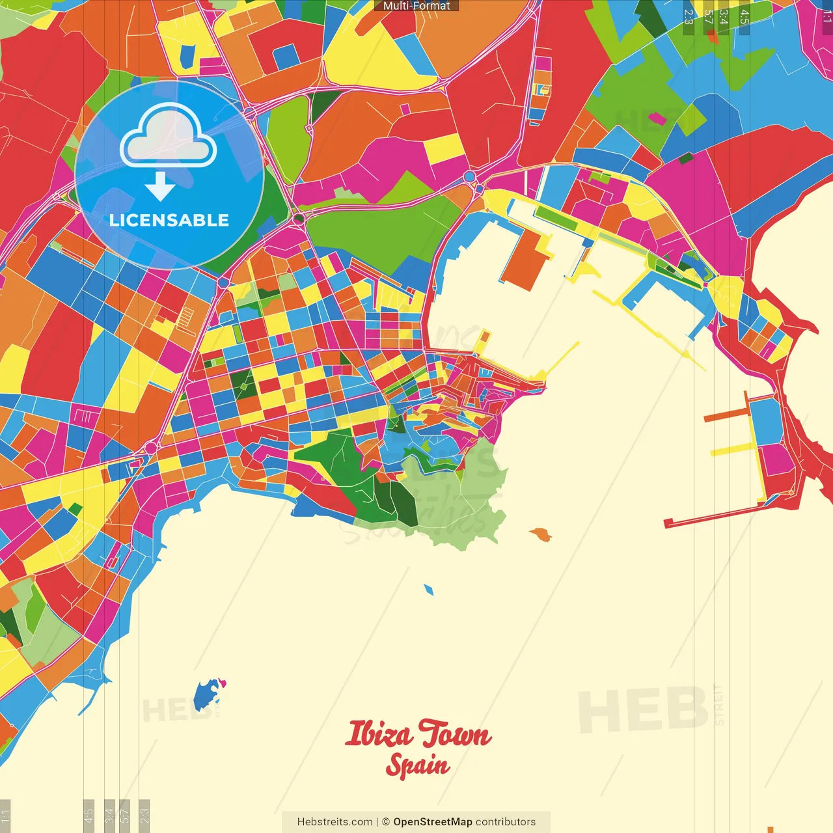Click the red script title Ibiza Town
click(417, 734)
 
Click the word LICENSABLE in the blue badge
click(169, 220)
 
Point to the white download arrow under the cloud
click(159, 186)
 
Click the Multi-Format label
click(416, 6)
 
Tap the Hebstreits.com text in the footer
click(335, 822)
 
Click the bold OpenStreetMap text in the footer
click(432, 822)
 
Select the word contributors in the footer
click(506, 822)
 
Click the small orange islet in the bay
click(540, 535)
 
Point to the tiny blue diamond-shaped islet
click(428, 590)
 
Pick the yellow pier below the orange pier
click(732, 449)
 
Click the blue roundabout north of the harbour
click(469, 176)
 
